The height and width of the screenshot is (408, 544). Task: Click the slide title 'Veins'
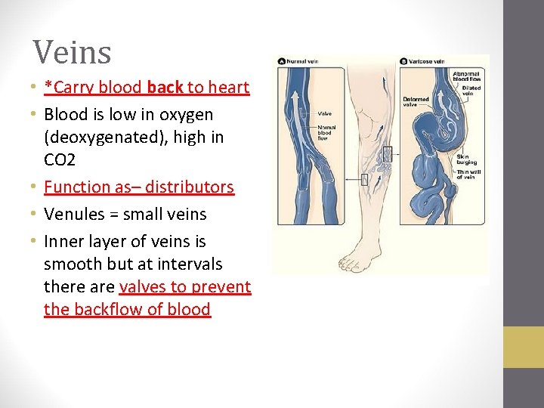coord(72,52)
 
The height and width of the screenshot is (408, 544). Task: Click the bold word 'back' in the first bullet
coord(165,88)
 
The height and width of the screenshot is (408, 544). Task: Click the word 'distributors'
coord(190,187)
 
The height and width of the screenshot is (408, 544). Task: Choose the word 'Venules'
coord(72,215)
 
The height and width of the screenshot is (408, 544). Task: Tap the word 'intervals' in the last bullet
coord(189,264)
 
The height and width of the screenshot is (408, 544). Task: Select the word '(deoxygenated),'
coord(104,138)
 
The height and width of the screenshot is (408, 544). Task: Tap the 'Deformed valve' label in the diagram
coord(416,101)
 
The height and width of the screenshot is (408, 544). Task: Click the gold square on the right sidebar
coord(524,347)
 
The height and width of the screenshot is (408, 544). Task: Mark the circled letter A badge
coord(282,60)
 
